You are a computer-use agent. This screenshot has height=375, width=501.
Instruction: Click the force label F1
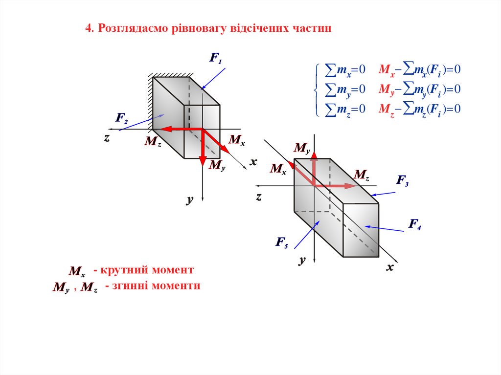[216, 59]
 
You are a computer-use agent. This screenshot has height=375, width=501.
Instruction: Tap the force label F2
[122, 118]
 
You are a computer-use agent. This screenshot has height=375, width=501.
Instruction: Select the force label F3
[402, 181]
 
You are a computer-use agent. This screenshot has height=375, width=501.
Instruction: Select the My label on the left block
[217, 165]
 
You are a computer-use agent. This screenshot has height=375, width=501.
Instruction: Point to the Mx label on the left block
[236, 141]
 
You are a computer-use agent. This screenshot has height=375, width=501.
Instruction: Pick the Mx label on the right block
[278, 169]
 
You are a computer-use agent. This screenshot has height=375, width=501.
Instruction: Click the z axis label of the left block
[106, 138]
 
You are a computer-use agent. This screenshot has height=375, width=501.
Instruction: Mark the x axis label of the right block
[390, 267]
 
